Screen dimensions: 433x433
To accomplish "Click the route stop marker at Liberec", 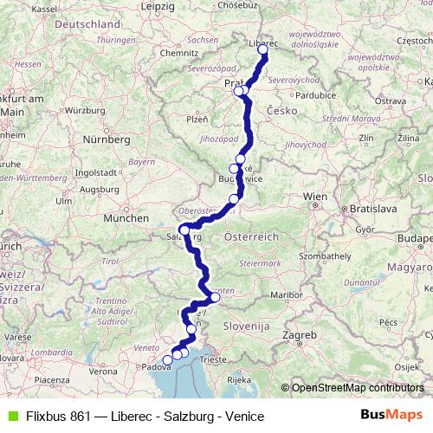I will click(x=262, y=49).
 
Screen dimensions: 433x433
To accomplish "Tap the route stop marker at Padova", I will click(x=167, y=360).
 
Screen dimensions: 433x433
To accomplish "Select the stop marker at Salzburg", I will click(x=184, y=229).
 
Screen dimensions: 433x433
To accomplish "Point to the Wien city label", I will click(x=314, y=197).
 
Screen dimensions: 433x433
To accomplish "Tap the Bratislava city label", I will click(x=371, y=209).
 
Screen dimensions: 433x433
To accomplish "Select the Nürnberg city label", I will click(x=106, y=139).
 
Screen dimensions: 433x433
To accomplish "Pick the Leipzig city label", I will click(x=157, y=6).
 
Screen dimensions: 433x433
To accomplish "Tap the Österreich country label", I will click(x=250, y=236).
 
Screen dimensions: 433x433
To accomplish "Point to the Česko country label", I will click(x=282, y=111).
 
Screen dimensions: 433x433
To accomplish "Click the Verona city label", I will click(x=103, y=371).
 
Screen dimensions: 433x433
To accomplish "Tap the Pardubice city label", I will click(x=314, y=95).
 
